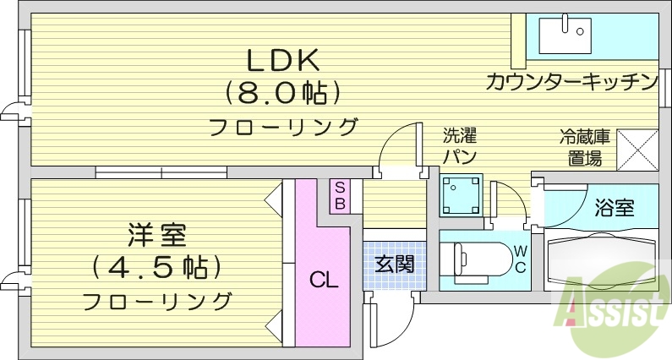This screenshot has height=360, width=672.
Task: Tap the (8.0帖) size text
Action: [x=282, y=90]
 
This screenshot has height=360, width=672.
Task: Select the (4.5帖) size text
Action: [x=157, y=266]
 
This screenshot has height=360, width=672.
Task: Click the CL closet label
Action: [x=322, y=279]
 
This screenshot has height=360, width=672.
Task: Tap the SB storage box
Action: [x=339, y=195]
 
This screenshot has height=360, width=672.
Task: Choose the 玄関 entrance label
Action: [x=394, y=264]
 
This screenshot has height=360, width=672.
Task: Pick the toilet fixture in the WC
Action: [x=473, y=259]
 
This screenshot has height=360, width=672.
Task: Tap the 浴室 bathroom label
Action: [x=615, y=208]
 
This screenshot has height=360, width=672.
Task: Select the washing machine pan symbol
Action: [x=461, y=195]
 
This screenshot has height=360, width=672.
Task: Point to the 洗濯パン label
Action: [x=461, y=145]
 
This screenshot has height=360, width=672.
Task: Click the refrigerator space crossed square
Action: [x=638, y=150]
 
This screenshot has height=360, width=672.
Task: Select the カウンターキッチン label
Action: [x=571, y=82]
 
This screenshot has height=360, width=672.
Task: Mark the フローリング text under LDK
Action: [x=282, y=127]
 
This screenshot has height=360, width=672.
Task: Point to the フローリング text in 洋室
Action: [x=157, y=300]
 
